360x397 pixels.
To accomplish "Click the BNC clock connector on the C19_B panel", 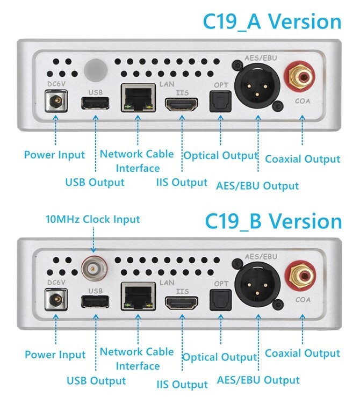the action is coord(94,268).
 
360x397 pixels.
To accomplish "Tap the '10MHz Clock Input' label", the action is coord(92,219).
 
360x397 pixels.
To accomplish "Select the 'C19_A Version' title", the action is coord(272,22).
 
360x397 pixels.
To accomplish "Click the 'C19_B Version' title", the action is coord(273,221).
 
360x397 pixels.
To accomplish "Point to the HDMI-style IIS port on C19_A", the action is coord(182,104).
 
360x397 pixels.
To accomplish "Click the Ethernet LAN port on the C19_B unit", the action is coord(138,296).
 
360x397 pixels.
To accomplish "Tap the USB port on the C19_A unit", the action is coord(95,103).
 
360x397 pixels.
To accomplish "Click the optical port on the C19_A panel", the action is coord(220,102).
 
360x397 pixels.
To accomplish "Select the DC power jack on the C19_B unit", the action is coord(56,300).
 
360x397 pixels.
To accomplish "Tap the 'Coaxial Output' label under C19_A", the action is coord(303,159).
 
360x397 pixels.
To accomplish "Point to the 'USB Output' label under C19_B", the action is coord(96,380).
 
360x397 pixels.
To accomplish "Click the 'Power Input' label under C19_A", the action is coord(54,155).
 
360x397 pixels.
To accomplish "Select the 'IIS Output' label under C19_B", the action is coord(182,384).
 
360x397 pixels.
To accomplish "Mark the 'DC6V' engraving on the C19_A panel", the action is coord(56,84).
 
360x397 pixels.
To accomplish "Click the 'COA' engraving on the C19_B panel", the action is coord(303,300).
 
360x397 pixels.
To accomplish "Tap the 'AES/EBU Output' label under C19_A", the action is coord(257,186).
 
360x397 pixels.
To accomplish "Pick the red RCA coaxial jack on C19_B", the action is coord(300,276).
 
